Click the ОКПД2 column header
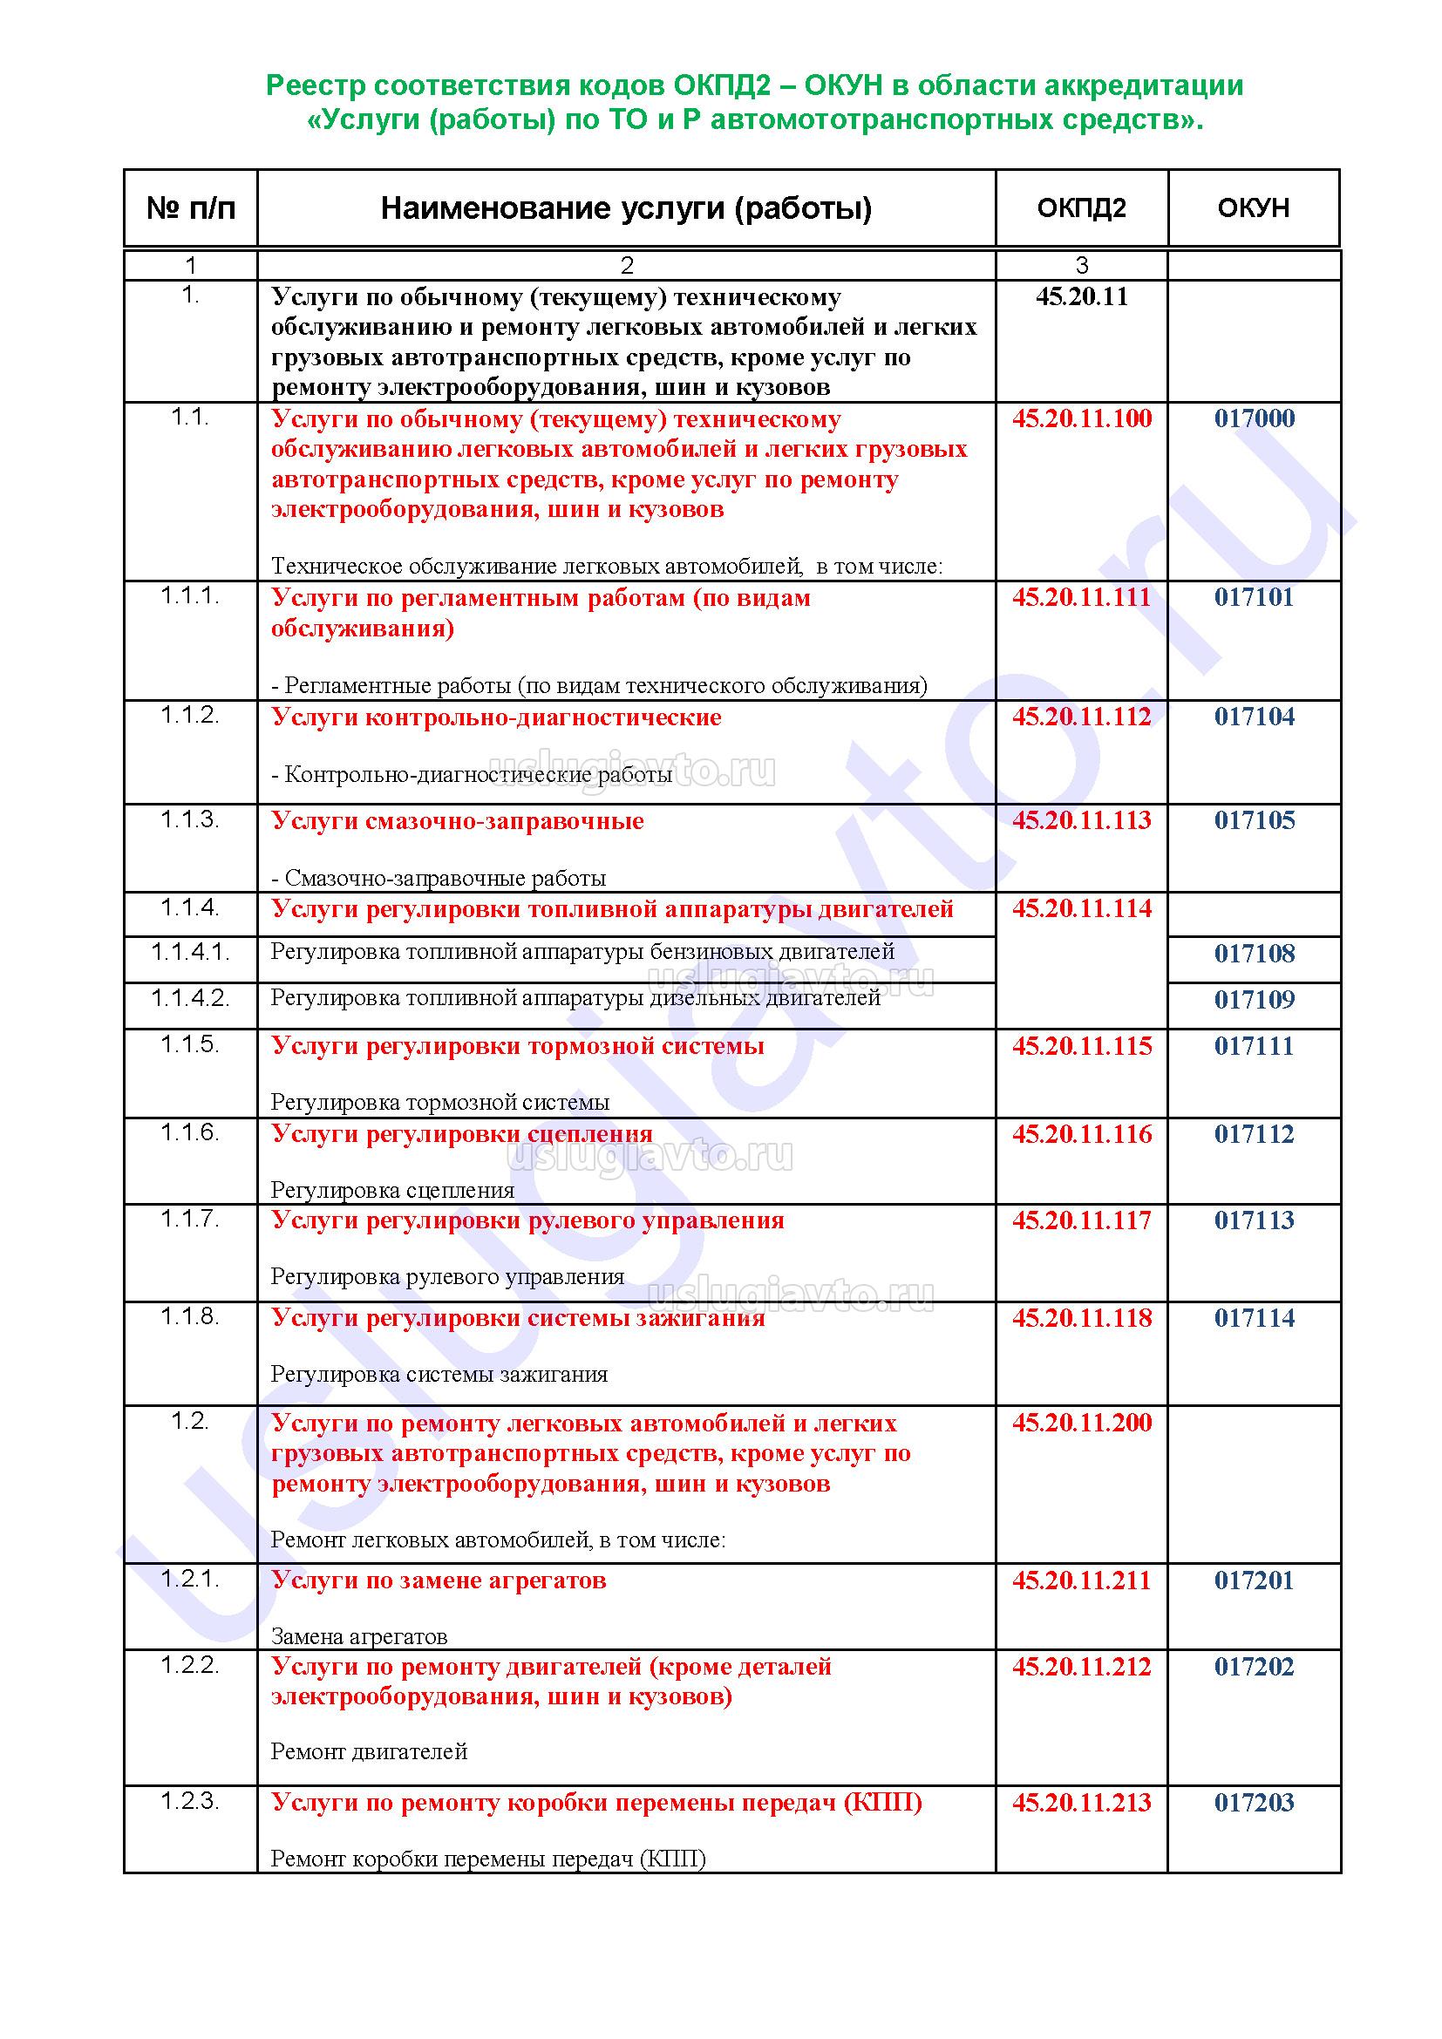[x=1080, y=207]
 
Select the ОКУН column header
[x=1253, y=207]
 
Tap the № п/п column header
[x=191, y=207]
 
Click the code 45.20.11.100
[x=1081, y=418]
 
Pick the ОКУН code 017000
[x=1254, y=418]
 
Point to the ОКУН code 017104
[x=1254, y=717]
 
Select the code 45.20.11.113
[x=1081, y=819]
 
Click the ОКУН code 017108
[x=1254, y=954]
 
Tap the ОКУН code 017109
[x=1254, y=1000]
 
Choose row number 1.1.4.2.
[x=190, y=998]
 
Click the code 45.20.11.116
[x=1081, y=1134]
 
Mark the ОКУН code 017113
[x=1254, y=1220]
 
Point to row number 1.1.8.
[x=190, y=1316]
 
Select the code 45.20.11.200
[x=1081, y=1423]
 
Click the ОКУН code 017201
[x=1254, y=1580]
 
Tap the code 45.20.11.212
[x=1081, y=1667]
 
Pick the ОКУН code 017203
[x=1254, y=1802]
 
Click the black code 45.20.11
[x=1081, y=296]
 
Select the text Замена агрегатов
[x=358, y=1635]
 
